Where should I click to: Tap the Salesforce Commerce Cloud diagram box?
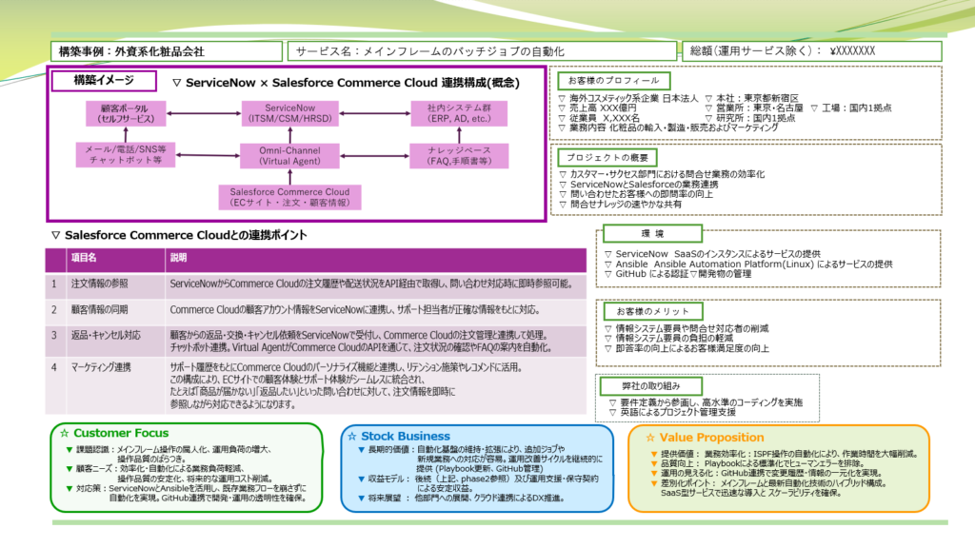pos(290,197)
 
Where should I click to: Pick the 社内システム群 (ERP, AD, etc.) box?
pos(448,113)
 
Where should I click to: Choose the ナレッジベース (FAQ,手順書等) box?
pos(448,155)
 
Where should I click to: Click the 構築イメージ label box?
pos(103,82)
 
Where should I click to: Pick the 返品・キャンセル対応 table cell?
pos(106,335)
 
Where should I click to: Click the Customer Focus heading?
pos(121,434)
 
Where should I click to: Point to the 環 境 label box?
pos(652,233)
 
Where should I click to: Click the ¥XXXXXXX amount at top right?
pos(852,51)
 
